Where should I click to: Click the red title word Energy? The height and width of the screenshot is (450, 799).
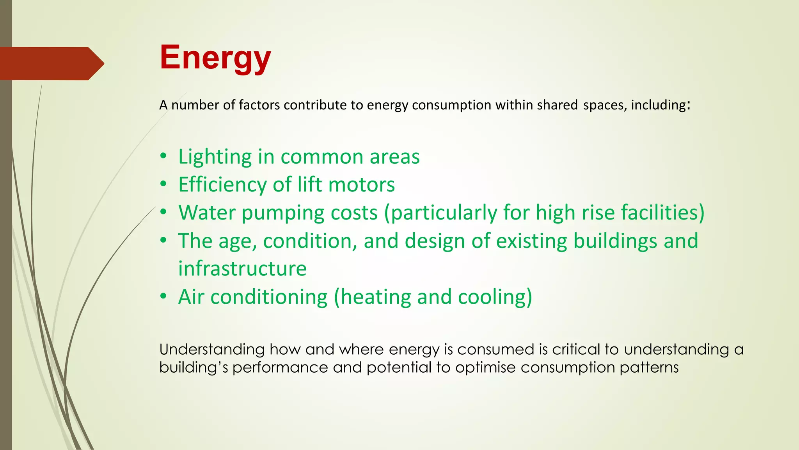click(215, 58)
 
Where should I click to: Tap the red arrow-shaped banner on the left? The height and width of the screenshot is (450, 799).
click(51, 63)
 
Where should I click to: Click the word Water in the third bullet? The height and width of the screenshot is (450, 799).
click(207, 213)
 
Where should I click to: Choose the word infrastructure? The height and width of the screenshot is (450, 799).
click(242, 269)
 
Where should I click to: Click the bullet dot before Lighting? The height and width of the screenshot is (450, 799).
click(163, 157)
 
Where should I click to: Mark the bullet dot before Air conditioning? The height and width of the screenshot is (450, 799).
click(163, 296)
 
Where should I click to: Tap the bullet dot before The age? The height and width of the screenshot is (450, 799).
click(163, 240)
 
